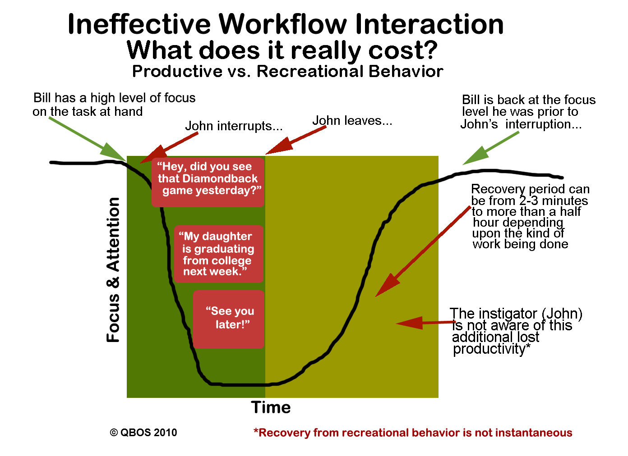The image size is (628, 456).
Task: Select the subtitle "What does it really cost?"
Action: (x=282, y=50)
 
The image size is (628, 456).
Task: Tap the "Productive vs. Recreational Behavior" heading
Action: (x=288, y=71)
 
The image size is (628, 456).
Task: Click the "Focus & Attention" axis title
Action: (x=113, y=270)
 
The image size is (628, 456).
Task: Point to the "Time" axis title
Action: (x=271, y=407)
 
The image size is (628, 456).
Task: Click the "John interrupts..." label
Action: (x=234, y=126)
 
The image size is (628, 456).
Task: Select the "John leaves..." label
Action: (x=352, y=121)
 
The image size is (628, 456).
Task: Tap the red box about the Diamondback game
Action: (x=208, y=182)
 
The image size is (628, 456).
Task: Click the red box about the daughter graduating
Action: (x=219, y=254)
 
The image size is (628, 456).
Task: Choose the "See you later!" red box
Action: (x=229, y=319)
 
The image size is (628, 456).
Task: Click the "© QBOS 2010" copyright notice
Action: (x=143, y=433)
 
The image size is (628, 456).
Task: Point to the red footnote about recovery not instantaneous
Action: (x=413, y=433)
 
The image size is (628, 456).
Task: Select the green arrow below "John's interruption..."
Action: (x=491, y=148)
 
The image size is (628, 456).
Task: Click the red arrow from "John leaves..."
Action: (x=296, y=140)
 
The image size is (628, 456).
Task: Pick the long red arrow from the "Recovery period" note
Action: (x=423, y=251)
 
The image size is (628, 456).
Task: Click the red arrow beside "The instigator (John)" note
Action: (x=425, y=323)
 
